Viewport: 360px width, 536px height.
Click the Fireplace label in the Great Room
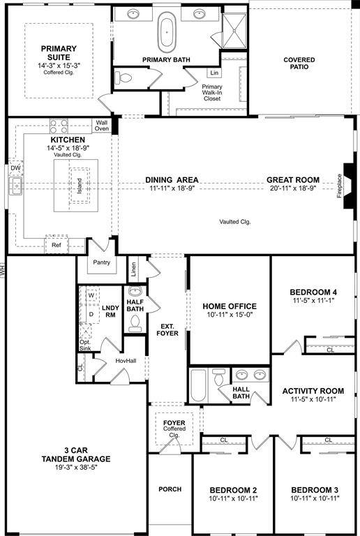coord(340,186)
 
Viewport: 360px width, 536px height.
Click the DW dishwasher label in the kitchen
coord(15,168)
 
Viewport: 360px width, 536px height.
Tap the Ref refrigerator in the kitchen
coord(57,246)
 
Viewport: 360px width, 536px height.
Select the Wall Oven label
coord(102,126)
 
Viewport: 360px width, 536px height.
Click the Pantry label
coord(102,263)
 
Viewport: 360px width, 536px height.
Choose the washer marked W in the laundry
coord(91,295)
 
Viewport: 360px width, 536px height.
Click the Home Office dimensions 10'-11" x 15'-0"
coord(230,316)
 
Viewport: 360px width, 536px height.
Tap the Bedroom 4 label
coord(313,292)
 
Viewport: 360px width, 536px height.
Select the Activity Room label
coord(313,391)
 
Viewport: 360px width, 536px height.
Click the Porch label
coord(170,489)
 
